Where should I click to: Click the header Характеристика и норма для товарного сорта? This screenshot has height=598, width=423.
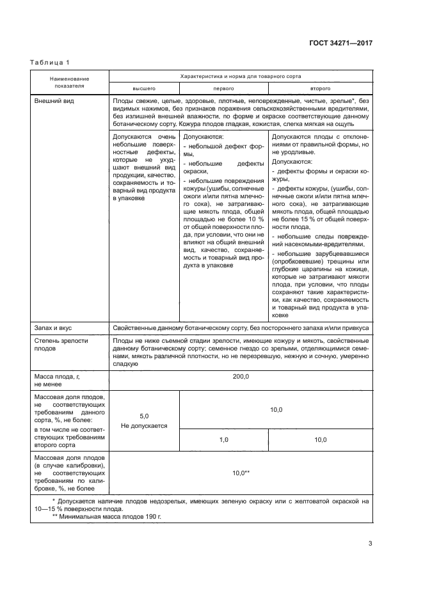(240, 75)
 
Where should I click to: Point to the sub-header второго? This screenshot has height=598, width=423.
(320, 88)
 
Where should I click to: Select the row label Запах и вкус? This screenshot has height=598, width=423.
(55, 327)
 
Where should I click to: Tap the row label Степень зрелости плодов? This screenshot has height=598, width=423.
(61, 345)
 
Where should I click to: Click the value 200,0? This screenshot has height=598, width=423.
(240, 377)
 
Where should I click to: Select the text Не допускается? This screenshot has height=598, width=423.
(144, 425)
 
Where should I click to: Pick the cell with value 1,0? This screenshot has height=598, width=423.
(224, 440)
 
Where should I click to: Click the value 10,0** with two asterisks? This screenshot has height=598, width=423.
(240, 473)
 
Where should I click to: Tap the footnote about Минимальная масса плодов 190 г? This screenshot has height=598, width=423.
(106, 515)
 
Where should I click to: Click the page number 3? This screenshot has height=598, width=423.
(370, 544)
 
